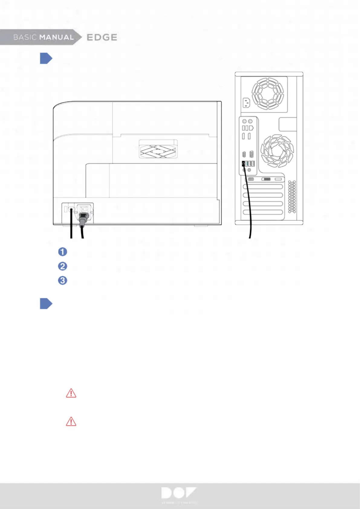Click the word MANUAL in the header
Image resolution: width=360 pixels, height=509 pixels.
[x=57, y=37]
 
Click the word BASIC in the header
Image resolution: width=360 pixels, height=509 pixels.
[x=25, y=37]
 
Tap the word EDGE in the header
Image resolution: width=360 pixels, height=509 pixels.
[x=102, y=37]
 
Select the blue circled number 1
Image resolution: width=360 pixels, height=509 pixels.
[x=63, y=252]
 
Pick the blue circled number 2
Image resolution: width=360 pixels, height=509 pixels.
[x=63, y=266]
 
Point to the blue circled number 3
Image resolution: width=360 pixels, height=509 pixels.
[x=63, y=280]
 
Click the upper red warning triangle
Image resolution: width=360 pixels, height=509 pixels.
[x=71, y=393]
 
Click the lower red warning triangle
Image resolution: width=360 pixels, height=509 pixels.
[x=71, y=421]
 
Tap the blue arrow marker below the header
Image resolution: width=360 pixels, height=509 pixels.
[x=46, y=58]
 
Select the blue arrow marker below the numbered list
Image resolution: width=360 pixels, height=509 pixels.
[x=46, y=304]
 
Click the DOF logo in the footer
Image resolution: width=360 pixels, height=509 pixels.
[x=179, y=493]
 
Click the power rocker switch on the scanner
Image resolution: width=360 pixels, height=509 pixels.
[x=84, y=208]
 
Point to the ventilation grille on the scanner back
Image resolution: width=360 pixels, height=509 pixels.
[x=158, y=149]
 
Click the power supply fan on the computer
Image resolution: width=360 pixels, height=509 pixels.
[x=268, y=93]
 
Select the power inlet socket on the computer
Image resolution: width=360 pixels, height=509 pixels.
[x=246, y=103]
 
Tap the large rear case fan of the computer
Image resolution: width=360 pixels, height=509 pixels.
[x=277, y=151]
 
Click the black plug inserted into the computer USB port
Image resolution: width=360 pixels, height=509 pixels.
[x=243, y=164]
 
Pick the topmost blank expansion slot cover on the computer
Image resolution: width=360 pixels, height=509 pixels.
[x=263, y=187]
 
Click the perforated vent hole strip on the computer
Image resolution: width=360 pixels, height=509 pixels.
[x=292, y=197]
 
